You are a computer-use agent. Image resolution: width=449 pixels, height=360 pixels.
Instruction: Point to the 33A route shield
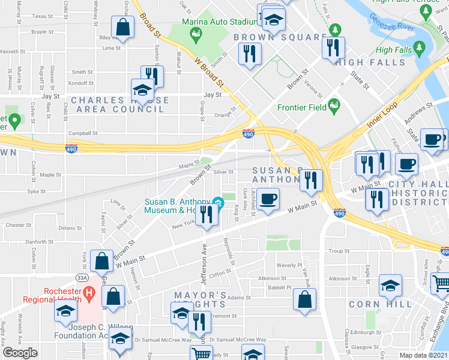pos(82,278)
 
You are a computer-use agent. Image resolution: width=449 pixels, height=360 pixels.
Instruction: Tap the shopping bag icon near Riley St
pos(123,28)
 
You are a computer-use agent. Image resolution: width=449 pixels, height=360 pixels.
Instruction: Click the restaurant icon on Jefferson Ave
pos(207,215)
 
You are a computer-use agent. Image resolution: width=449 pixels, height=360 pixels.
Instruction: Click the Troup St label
pos(339,251)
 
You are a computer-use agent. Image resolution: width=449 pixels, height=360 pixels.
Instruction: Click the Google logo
pos(20,353)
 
